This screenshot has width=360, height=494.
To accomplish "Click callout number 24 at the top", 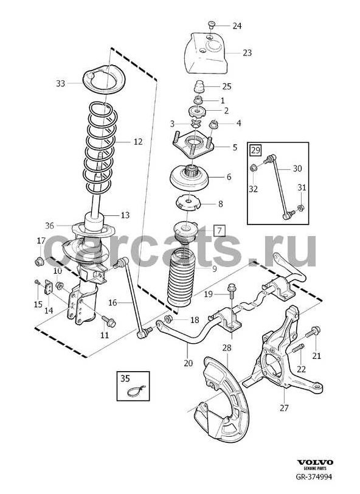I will [x=237, y=26].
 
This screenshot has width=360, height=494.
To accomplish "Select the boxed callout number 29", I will [x=255, y=150].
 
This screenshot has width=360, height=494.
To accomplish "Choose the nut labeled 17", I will [x=38, y=262].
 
